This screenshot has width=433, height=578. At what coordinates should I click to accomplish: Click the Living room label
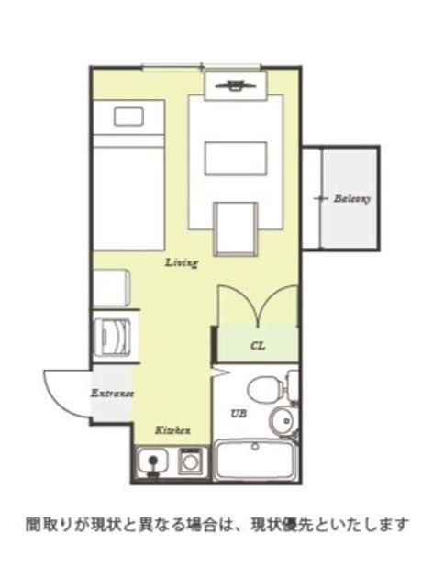(x=182, y=262)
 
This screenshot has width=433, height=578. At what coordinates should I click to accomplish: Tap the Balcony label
(x=352, y=199)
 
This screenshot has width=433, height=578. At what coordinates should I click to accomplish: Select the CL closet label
(x=258, y=346)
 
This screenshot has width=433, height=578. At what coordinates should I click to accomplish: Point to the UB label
(x=239, y=414)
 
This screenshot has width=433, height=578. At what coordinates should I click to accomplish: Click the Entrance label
(x=112, y=393)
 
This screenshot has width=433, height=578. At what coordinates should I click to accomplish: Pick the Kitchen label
(x=172, y=429)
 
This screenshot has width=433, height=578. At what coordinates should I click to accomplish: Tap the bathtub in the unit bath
(x=255, y=461)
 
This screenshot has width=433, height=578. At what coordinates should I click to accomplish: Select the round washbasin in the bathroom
(x=281, y=420)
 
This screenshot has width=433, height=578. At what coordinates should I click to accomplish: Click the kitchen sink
(x=152, y=460)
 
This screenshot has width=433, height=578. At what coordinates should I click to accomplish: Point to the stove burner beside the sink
(x=190, y=461)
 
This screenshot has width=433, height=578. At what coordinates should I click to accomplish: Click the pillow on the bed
(x=128, y=117)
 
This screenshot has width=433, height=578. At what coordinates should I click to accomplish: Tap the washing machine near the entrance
(x=113, y=338)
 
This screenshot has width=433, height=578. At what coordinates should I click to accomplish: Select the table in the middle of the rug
(x=236, y=158)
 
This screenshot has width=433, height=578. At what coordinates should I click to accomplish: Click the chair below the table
(x=236, y=229)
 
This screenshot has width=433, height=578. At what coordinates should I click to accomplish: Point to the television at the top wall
(x=236, y=85)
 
